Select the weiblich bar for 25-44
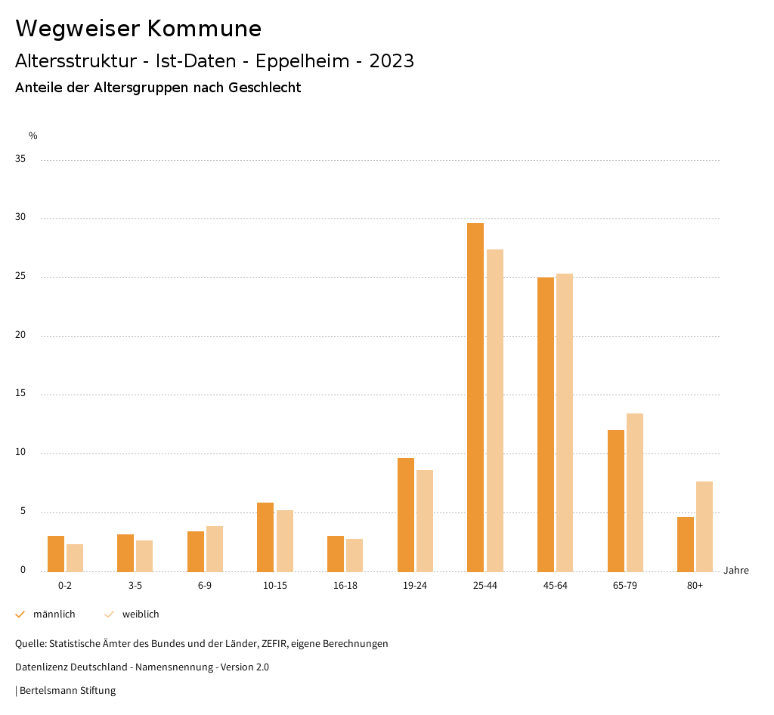[x=495, y=410]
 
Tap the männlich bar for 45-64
[x=546, y=424]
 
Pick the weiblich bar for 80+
[x=704, y=526]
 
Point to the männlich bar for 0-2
[x=56, y=553]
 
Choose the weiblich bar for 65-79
[x=635, y=492]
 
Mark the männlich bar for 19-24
[x=406, y=515]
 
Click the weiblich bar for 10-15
[x=285, y=540]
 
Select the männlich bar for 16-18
[x=336, y=553]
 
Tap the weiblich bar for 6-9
[x=215, y=549]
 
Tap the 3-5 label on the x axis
[x=135, y=586]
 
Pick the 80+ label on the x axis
[x=695, y=586]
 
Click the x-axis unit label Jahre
[x=736, y=571]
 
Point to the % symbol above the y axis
[x=33, y=136]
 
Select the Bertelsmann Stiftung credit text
[x=67, y=690]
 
